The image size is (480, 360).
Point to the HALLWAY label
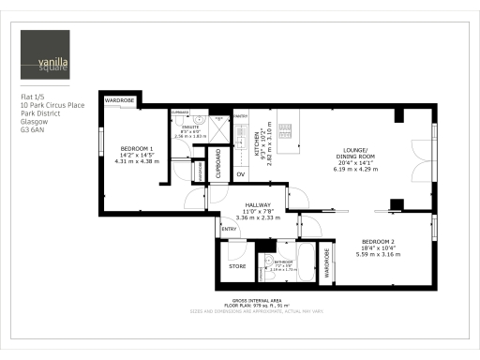(258, 204)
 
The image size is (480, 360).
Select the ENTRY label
(229, 229)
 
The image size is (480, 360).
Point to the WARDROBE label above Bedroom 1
(120, 99)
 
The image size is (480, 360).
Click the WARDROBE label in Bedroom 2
(326, 262)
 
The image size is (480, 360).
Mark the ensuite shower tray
(219, 127)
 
